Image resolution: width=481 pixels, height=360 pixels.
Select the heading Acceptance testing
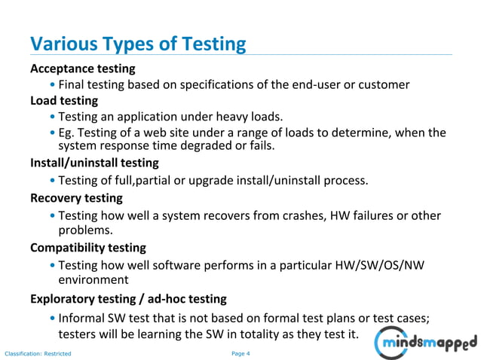(83, 69)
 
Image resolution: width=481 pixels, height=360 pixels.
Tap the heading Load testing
(64, 100)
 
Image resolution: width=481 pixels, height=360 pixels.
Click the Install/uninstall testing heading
(94, 163)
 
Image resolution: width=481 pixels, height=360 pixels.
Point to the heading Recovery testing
(76, 199)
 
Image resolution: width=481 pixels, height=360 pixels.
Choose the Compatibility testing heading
(88, 248)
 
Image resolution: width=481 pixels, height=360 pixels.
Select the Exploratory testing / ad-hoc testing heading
(128, 299)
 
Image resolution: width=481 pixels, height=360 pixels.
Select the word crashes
(298, 216)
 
